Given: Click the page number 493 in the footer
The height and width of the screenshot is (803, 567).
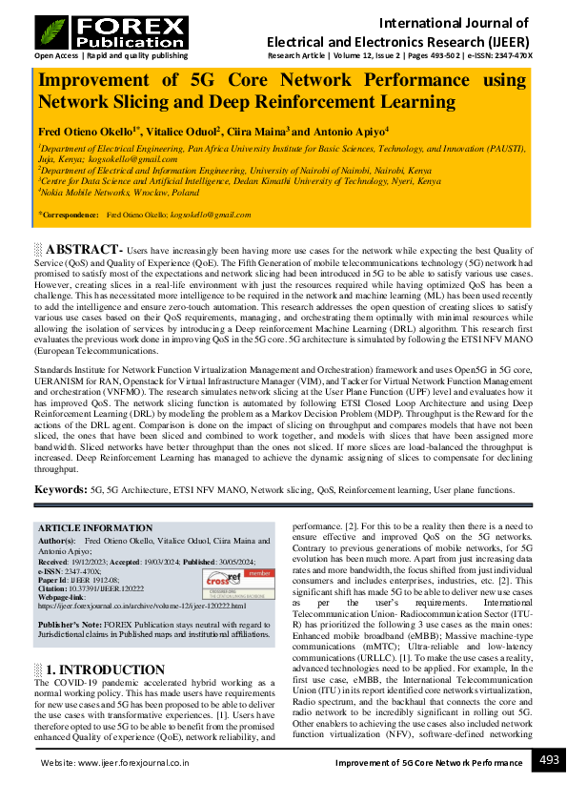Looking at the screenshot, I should pos(549,760).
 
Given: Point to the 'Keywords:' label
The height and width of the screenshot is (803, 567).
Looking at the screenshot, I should pos(62,489).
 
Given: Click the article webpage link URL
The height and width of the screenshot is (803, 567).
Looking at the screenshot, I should pos(141,606).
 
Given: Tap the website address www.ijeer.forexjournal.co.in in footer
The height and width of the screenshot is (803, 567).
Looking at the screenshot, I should pos(129,764).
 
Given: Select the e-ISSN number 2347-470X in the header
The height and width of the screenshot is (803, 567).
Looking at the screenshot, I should pos(511,55).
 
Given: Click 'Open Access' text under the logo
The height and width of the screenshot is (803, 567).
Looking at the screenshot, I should pos(55,55).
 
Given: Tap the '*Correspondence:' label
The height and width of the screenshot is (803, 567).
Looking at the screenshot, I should pos(70,216).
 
